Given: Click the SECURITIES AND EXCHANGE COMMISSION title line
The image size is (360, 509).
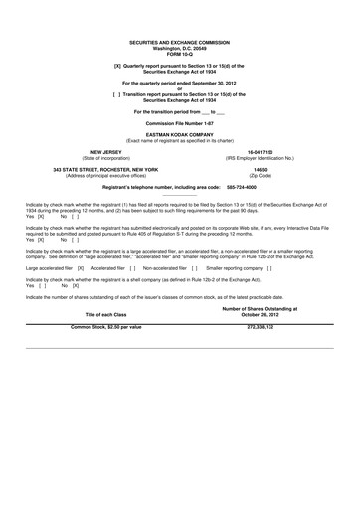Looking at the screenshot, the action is tap(179, 43).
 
